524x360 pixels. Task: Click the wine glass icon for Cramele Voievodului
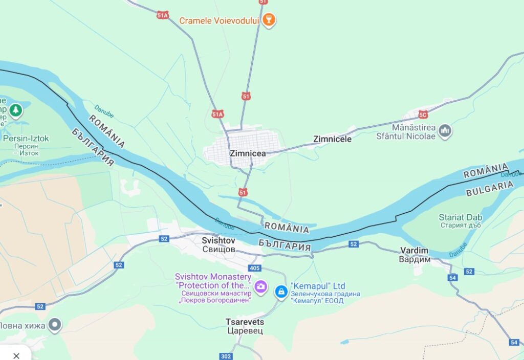pyautogui.click(x=268, y=20)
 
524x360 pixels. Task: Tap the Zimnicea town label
pyautogui.click(x=248, y=153)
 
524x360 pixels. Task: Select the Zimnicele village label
pyautogui.click(x=332, y=139)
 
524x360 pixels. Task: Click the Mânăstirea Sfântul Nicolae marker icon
pyautogui.click(x=446, y=131)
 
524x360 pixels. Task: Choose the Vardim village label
pyautogui.click(x=414, y=255)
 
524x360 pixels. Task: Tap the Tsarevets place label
pyautogui.click(x=245, y=326)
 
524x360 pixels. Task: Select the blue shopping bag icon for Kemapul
pyautogui.click(x=281, y=291)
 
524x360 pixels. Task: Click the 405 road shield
pyautogui.click(x=254, y=268)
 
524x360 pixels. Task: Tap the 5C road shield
pyautogui.click(x=423, y=114)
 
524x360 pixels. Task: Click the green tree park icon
pyautogui.click(x=16, y=109)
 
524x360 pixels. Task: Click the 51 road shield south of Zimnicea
pyautogui.click(x=243, y=192)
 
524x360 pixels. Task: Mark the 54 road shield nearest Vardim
pyautogui.click(x=452, y=278)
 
